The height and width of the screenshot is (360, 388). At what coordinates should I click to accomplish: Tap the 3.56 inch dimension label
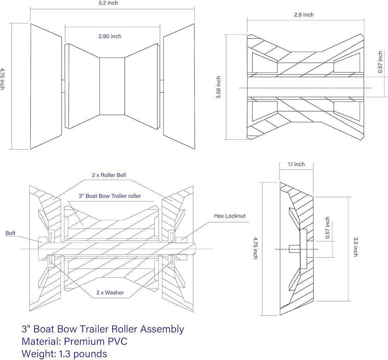pos(219,87)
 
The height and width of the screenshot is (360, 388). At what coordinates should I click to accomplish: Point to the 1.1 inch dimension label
pos(296,164)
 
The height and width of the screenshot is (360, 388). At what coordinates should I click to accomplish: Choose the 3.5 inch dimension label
pos(355,247)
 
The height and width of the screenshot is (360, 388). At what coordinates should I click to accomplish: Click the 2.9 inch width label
pos(304,15)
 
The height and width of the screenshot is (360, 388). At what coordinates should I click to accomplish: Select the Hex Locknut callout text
pos(230,216)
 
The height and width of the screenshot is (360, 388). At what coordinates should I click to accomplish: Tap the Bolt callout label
pos(11,233)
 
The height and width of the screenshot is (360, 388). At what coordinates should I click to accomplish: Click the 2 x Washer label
pos(110,293)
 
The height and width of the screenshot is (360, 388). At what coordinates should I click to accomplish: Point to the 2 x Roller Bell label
pos(109,175)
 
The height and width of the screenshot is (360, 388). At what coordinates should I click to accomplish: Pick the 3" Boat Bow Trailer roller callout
pos(110,196)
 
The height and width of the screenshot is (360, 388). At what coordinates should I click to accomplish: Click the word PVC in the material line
pos(116,341)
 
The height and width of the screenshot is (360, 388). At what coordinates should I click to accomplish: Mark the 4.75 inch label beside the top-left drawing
pos(3,79)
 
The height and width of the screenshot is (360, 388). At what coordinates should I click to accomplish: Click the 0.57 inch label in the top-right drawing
pos(380,62)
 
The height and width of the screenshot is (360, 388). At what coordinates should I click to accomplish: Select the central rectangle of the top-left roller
pos(112,86)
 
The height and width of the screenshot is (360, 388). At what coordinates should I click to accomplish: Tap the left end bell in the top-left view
pos(46,86)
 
